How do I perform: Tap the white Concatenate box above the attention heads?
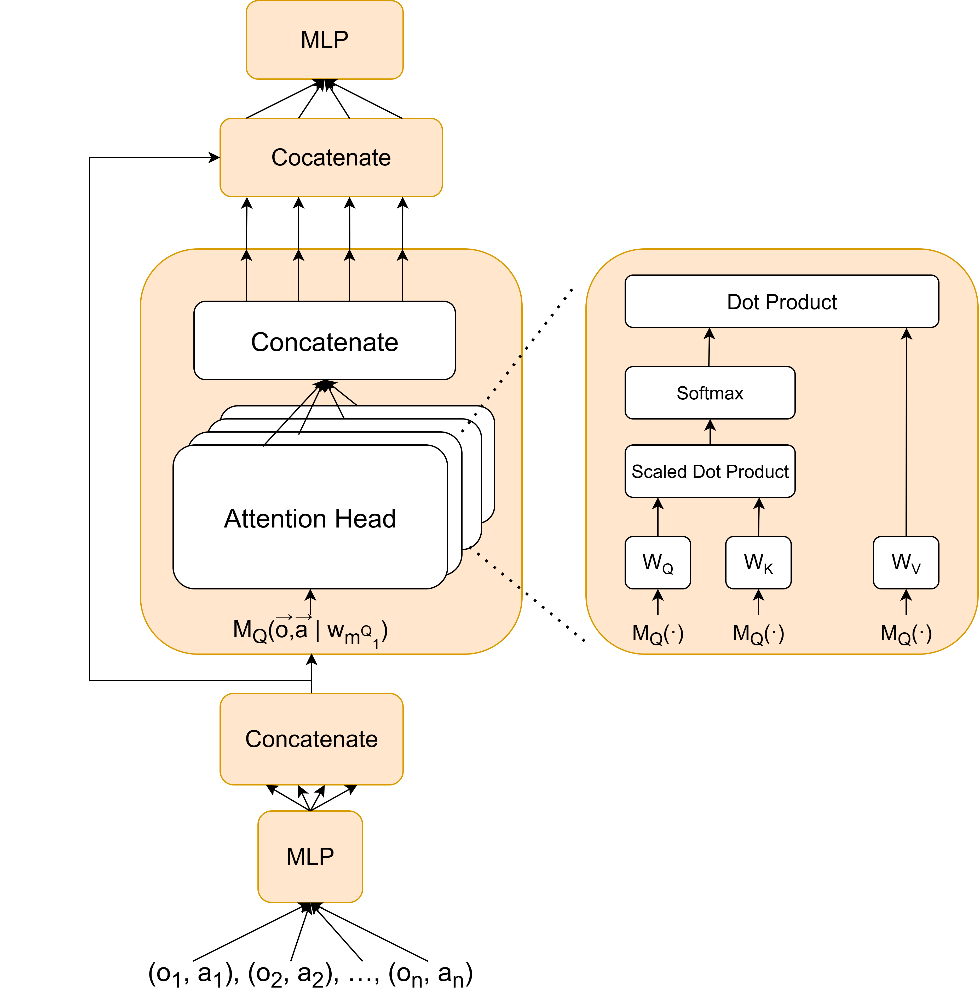coord(324,340)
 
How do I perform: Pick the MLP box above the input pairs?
coord(310,856)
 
